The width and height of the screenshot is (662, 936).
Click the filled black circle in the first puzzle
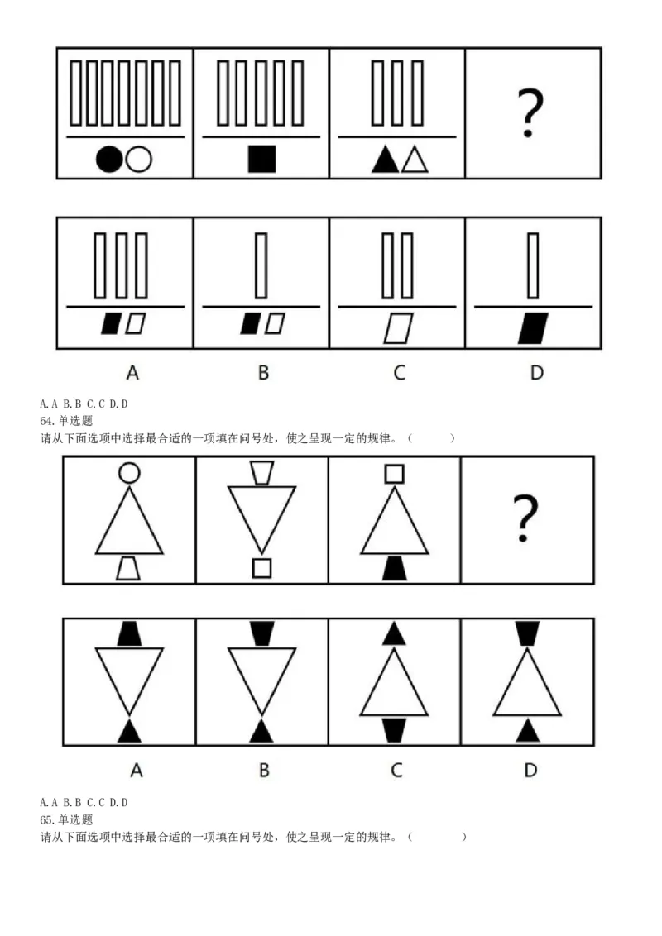coord(109,160)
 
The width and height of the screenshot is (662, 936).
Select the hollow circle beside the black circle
coord(139,160)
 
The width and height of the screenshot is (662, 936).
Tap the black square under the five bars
coord(261,160)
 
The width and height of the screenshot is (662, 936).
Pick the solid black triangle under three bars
coord(385,160)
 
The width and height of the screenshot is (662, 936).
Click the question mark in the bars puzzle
coord(530,112)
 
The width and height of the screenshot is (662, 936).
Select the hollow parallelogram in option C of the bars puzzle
coord(398,327)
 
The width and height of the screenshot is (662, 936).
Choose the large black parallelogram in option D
coord(533,327)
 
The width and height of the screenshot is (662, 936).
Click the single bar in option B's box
coord(261,265)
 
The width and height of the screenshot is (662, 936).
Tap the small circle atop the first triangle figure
coord(129,472)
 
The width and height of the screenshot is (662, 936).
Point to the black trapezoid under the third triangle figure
coord(395,568)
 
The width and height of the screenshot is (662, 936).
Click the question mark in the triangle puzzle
coord(525,518)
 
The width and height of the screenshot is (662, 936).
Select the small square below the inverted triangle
coord(261,568)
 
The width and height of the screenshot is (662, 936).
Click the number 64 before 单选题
coord(46,421)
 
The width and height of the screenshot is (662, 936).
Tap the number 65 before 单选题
coord(46,819)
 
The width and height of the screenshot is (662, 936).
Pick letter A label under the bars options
coord(132,372)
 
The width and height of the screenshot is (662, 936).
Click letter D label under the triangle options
coord(530,770)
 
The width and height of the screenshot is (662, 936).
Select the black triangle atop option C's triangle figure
coord(394,633)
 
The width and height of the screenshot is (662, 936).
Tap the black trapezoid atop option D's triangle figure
coord(527,633)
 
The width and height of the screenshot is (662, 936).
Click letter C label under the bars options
coord(400,372)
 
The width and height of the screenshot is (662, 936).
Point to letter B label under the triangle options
coord(264,770)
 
